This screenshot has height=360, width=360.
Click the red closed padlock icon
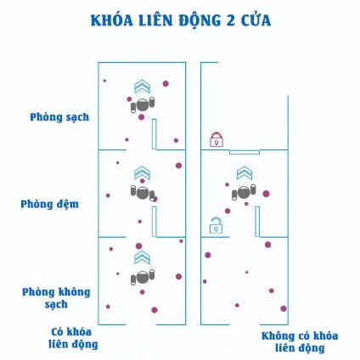(x=217, y=139)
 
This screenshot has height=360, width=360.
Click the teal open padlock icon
(x=216, y=225)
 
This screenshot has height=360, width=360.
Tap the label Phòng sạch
(x=59, y=117)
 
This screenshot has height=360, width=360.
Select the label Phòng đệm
(x=49, y=204)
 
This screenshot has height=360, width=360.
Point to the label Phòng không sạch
(x=56, y=298)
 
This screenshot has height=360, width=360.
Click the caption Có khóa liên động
(x=73, y=338)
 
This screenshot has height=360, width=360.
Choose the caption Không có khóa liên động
(x=300, y=342)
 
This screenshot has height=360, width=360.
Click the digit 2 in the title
(x=230, y=20)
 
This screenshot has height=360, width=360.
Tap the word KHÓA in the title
(x=112, y=20)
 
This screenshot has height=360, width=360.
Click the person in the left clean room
(x=143, y=105)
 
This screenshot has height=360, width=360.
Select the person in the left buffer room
(x=143, y=193)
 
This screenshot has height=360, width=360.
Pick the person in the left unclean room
(x=143, y=277)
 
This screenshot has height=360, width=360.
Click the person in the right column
(x=244, y=193)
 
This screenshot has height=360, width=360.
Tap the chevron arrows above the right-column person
(x=245, y=172)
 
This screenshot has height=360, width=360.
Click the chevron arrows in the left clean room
(x=142, y=87)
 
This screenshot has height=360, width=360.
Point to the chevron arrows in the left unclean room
(x=142, y=257)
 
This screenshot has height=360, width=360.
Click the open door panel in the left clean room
(x=154, y=134)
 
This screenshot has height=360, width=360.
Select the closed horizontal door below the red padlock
(x=245, y=152)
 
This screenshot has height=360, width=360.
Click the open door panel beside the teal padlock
(x=257, y=222)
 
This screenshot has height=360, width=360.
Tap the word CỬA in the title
(x=256, y=20)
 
